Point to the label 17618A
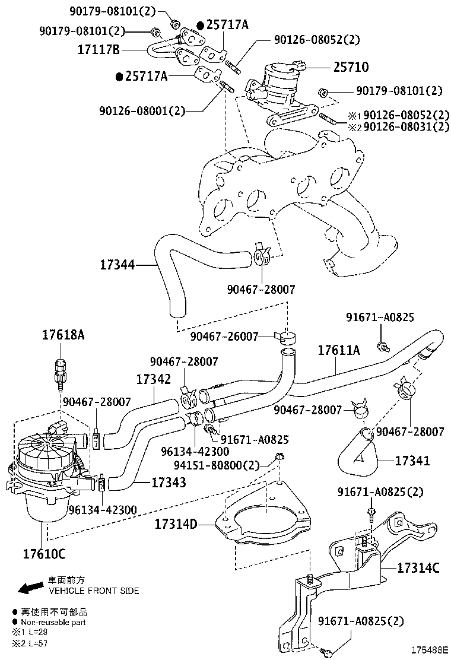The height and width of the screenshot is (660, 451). click(x=63, y=335)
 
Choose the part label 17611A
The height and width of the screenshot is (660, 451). click(x=338, y=351)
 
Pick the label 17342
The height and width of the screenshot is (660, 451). click(x=154, y=379)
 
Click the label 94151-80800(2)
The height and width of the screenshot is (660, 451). click(x=218, y=465)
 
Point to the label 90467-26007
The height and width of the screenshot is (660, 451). click(x=224, y=337)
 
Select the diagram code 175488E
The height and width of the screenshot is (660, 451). click(x=427, y=650)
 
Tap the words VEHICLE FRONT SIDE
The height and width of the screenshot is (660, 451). click(x=94, y=591)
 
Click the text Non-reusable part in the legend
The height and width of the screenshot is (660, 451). click(x=53, y=623)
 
